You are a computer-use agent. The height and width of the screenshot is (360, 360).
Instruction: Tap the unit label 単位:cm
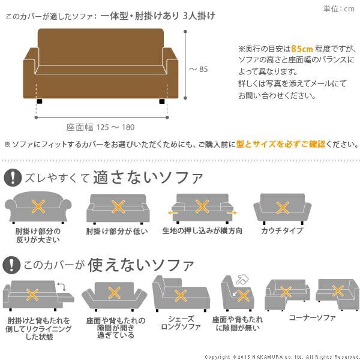click(x=340, y=8)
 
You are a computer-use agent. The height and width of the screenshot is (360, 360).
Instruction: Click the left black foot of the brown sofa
click(x=39, y=103)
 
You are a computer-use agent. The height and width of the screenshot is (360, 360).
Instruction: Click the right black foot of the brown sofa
click(x=161, y=103)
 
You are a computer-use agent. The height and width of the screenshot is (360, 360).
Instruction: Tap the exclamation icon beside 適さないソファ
click(x=11, y=178)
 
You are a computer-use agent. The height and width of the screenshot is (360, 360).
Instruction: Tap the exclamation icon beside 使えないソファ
click(x=11, y=264)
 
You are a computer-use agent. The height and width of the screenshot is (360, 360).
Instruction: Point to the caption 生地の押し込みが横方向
click(x=202, y=230)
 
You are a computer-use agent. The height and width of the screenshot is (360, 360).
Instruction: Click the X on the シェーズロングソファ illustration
click(x=179, y=295)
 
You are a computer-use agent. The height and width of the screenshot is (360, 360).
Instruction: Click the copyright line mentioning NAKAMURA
click(x=281, y=356)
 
